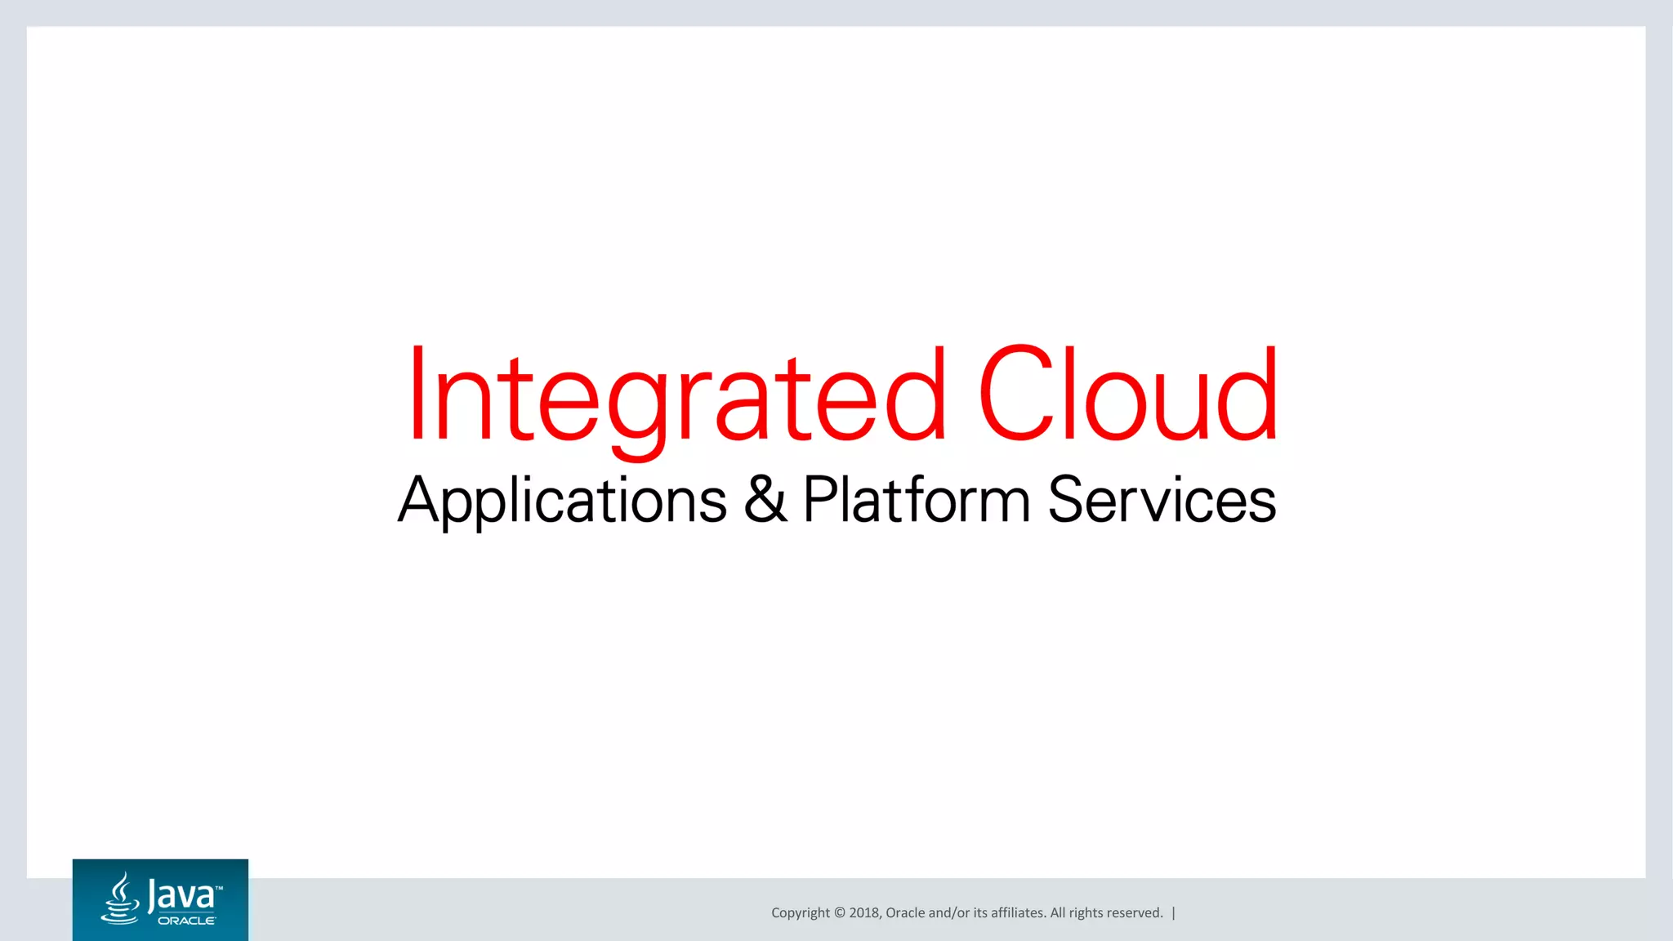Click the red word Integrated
676,396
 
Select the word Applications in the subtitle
562,500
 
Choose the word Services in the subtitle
1162,500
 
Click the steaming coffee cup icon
121,899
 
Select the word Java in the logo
181,895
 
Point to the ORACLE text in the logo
187,921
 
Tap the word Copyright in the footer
801,913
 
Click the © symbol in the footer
839,913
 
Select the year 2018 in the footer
864,913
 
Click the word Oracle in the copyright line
905,913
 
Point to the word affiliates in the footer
1018,913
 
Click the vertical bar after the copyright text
1173,913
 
